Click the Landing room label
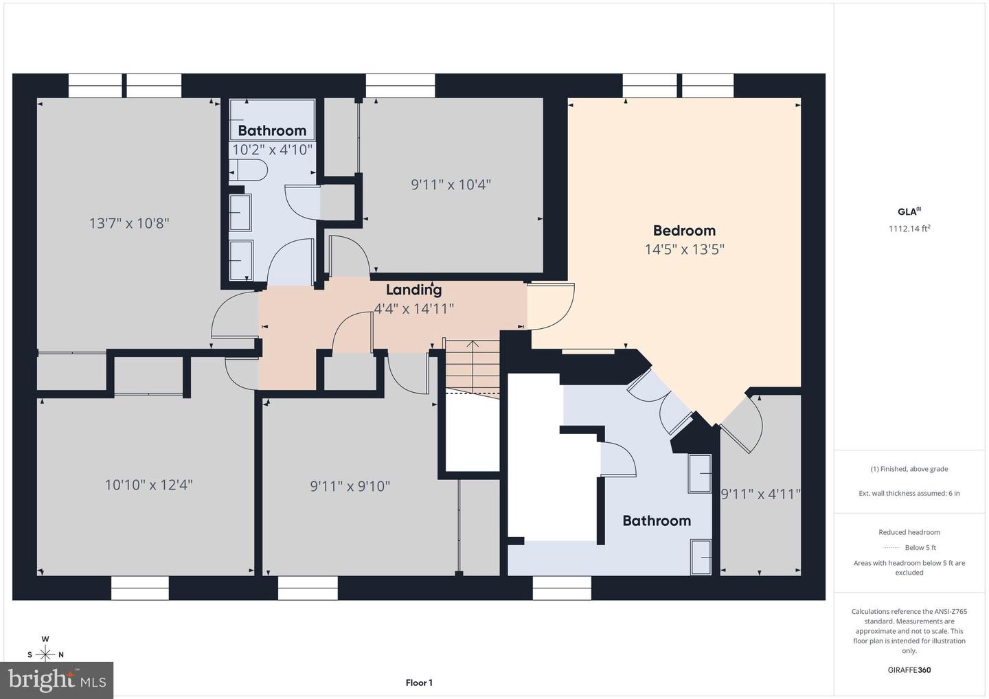point(413,290)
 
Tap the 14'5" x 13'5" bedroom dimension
point(684,249)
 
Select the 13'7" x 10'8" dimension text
point(129,223)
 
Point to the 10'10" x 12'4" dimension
point(148,485)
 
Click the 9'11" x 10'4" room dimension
point(451,185)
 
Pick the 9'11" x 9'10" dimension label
point(350,486)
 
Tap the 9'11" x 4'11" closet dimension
point(760,494)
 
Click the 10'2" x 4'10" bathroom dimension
point(272,149)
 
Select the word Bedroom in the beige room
point(684,231)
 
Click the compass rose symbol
point(45,654)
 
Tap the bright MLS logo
point(57,680)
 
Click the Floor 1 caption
point(419,683)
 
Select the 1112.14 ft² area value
point(909,229)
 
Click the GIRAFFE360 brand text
point(909,670)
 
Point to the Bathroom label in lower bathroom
point(657,520)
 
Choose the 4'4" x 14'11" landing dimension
point(413,309)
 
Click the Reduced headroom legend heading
point(909,532)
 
